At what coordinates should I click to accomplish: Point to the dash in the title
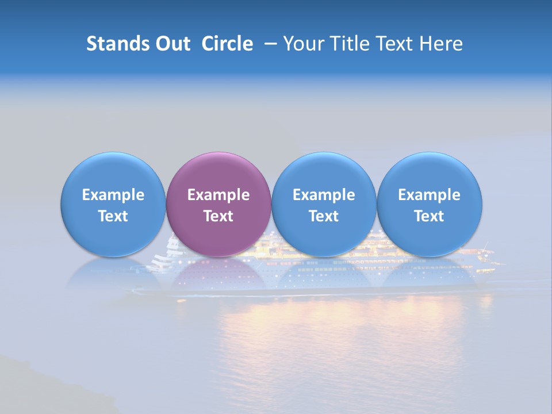(x=271, y=44)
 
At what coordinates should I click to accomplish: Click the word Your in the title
(x=302, y=44)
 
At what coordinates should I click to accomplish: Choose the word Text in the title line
(x=390, y=44)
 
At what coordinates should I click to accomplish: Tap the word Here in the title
(x=440, y=44)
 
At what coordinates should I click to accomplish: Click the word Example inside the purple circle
(x=218, y=195)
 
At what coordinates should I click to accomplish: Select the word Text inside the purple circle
(x=218, y=216)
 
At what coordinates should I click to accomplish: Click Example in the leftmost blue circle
(x=113, y=195)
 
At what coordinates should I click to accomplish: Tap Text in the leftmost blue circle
(x=113, y=216)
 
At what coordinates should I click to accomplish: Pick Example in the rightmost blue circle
(x=429, y=195)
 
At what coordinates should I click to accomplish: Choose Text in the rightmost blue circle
(x=429, y=216)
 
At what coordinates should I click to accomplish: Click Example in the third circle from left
(x=324, y=195)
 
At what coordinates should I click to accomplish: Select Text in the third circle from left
(x=324, y=216)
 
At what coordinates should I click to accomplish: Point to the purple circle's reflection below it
(x=218, y=276)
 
